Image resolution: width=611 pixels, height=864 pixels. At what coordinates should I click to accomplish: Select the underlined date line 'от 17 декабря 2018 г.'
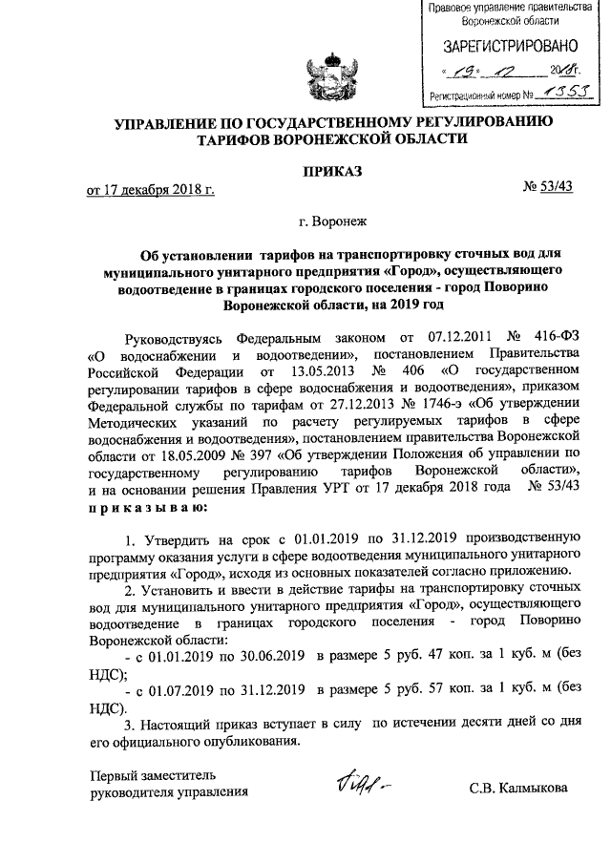[x=150, y=190]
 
